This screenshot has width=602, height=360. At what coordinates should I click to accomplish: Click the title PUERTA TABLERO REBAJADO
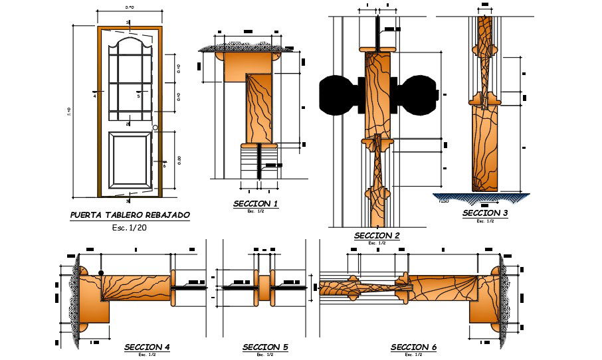130,215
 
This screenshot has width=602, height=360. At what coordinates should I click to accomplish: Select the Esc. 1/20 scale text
129,228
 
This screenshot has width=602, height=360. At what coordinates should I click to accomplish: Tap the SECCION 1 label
256,203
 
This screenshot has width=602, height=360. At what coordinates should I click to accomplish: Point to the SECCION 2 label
377,236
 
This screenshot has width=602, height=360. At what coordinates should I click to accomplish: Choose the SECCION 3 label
485,213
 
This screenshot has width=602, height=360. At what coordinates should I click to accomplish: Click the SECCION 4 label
147,347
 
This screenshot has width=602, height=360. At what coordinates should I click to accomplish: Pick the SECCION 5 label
265,347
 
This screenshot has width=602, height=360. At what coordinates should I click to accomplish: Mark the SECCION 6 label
413,347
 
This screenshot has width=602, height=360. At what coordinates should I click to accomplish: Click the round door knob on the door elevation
155,128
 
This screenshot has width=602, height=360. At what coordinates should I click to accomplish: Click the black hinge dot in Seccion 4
101,273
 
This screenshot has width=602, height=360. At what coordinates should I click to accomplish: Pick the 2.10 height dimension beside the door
69,112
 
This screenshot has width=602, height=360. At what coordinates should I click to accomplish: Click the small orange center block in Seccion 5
264,287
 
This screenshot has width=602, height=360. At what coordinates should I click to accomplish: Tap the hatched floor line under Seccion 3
481,197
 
